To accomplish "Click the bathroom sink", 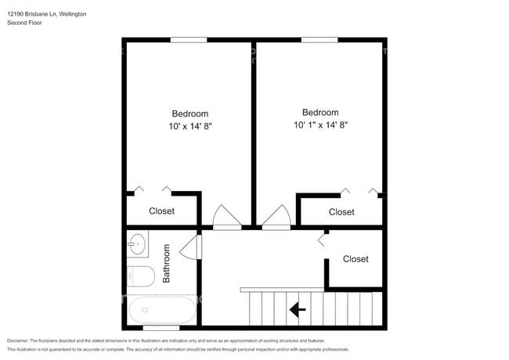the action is click(x=137, y=244).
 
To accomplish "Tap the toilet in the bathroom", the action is click(x=140, y=276).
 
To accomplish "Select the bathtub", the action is click(x=161, y=310).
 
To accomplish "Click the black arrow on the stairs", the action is click(x=298, y=310).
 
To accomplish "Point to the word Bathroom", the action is click(x=166, y=264).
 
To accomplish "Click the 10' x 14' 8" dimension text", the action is click(x=190, y=126).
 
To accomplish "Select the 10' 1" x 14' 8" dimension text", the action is click(x=321, y=125).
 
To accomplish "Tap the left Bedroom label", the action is click(x=190, y=113).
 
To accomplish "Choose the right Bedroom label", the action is click(x=320, y=113).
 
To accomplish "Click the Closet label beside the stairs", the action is click(x=356, y=259).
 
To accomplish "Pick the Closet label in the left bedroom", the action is click(x=161, y=211).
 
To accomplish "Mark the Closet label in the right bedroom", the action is click(x=341, y=212).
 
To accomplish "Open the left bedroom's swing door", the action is click(x=227, y=218).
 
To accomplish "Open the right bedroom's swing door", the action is click(x=276, y=218).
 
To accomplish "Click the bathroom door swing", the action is click(x=190, y=247).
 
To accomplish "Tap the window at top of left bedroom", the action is click(x=189, y=40).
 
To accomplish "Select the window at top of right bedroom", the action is click(x=319, y=40).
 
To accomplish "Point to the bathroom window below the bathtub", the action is click(x=161, y=328).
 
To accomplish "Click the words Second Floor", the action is click(x=25, y=23).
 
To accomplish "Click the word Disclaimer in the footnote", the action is click(x=17, y=341).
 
